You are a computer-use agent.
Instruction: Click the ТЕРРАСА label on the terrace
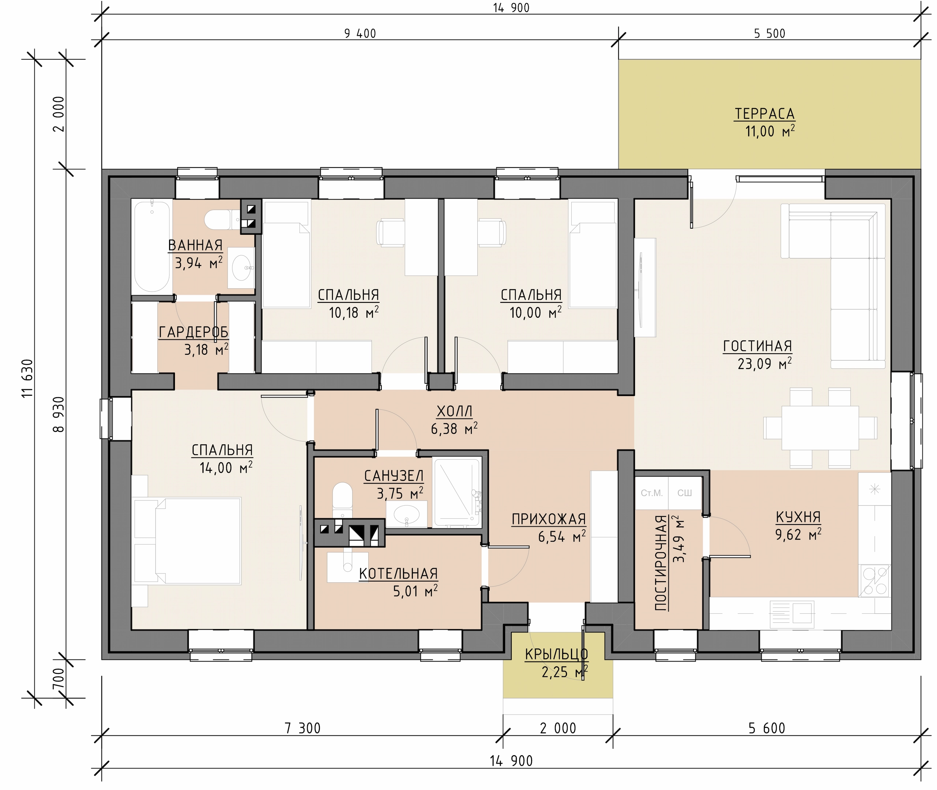(765, 114)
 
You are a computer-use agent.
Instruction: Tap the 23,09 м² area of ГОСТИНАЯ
(765, 364)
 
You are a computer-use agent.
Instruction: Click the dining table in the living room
(820, 428)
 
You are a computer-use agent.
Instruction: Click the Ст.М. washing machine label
(652, 493)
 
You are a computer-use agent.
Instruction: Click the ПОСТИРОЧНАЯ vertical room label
(661, 563)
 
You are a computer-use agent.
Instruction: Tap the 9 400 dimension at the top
(360, 34)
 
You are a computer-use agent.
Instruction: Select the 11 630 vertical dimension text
(27, 378)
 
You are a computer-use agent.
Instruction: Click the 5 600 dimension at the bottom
(767, 729)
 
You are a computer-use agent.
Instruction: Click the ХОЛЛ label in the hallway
(454, 411)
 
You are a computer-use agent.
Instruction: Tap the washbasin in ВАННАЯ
(241, 268)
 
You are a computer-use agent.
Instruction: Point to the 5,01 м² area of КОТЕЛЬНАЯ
(415, 591)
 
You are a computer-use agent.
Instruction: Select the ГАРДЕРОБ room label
(194, 332)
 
